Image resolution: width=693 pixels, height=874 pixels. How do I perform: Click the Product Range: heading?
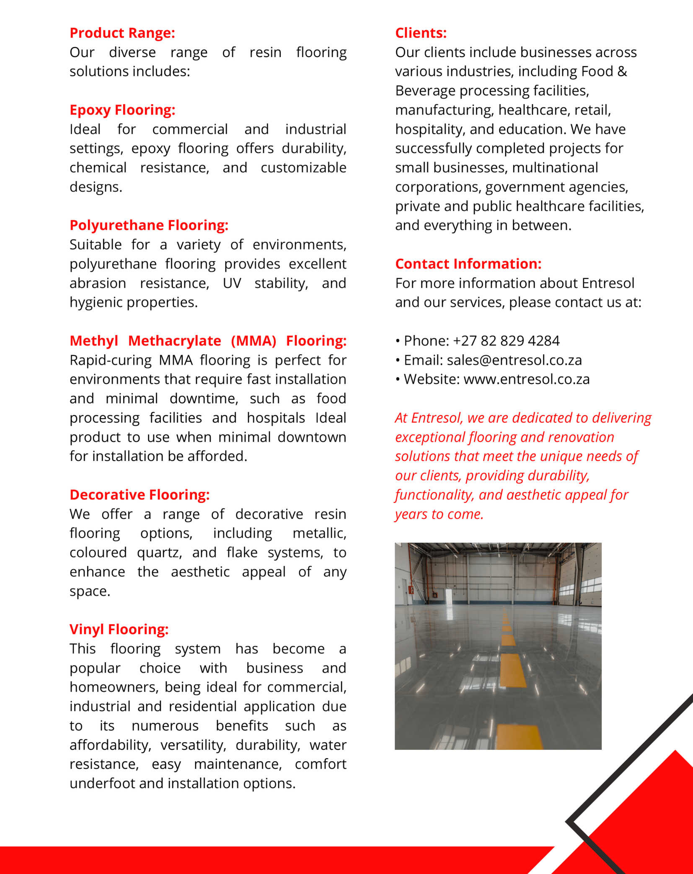pos(122,33)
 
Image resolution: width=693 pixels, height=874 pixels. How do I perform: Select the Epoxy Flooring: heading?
pos(122,110)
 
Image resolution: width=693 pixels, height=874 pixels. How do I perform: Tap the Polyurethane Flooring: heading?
pos(149,225)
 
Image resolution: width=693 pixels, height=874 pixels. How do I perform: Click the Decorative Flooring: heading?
pos(140,495)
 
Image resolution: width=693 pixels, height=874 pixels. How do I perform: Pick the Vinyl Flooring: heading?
pos(119,629)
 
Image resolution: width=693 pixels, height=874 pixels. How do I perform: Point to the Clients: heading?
pos(421,33)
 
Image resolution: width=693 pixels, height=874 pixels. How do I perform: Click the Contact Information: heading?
pos(468,264)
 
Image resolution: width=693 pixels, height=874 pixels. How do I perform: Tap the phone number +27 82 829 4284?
pos(506,341)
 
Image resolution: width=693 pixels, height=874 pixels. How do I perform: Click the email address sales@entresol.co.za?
pos(514,360)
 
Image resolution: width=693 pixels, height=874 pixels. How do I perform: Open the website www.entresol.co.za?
pos(526,379)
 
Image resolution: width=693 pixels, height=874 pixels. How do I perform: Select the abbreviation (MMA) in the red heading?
pos(253,341)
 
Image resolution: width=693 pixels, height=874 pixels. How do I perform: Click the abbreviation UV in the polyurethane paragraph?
pos(232,284)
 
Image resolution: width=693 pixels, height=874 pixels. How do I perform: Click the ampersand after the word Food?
pos(622,72)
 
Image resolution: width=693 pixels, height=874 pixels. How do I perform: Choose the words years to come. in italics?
pos(439,514)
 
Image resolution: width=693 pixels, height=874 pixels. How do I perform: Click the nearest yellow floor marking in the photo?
pos(519,737)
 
